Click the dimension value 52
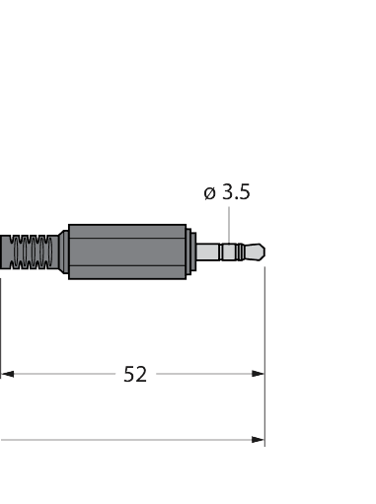[x=135, y=374]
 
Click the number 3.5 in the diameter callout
[x=236, y=191]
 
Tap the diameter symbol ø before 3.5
[x=209, y=193]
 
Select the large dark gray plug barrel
[x=127, y=252]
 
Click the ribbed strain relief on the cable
[x=31, y=252]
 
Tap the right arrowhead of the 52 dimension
[x=258, y=374]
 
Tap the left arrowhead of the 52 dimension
[x=8, y=374]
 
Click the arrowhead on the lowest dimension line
[x=258, y=440]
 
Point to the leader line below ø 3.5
[x=229, y=225]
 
